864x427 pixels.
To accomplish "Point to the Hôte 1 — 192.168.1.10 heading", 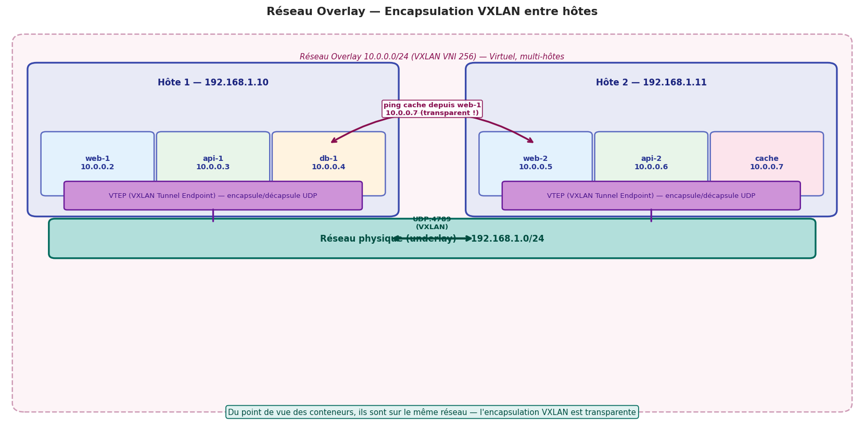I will (213, 83).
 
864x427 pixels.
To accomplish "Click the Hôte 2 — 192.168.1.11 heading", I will (651, 83).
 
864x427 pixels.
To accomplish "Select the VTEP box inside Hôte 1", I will (213, 196).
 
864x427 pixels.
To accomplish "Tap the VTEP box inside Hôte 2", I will (651, 196).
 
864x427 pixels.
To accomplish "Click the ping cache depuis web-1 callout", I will (432, 109).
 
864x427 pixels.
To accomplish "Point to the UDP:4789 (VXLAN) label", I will (432, 223).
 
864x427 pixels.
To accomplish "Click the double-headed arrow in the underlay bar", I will (432, 238).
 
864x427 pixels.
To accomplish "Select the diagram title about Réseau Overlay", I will (432, 11).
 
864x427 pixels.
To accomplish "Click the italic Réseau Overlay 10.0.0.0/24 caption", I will (432, 57).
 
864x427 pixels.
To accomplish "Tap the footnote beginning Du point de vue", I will (432, 412).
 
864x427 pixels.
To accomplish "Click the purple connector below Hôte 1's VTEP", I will (213, 215).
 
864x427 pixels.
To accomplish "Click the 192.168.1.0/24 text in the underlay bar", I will (507, 239).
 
